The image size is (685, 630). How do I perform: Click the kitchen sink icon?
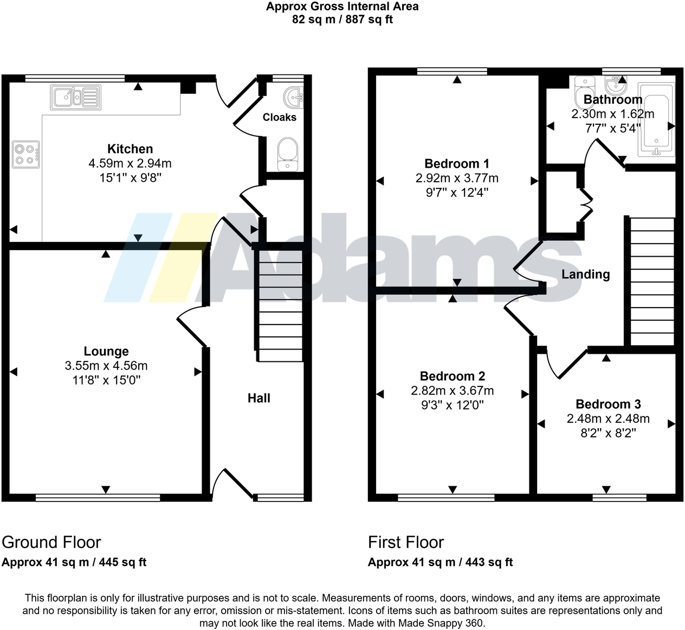coord(76,98)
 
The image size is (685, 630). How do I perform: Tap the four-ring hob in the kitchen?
coord(26,154)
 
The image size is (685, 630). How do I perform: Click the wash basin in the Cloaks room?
coord(293,98)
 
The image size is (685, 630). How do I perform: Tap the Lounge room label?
coord(106,351)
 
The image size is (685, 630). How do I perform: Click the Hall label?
coord(259,398)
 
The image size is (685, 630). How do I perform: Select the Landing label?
coord(585,275)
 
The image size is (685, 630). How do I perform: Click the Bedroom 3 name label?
coord(608,404)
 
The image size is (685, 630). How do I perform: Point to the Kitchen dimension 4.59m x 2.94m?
coord(130,163)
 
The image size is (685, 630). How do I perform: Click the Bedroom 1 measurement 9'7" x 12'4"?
coord(457,192)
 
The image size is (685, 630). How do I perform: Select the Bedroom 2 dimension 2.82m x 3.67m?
coord(452,391)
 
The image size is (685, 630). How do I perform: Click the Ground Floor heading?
coord(51,542)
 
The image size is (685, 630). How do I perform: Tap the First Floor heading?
coord(406,542)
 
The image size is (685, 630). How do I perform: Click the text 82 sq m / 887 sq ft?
coord(342,20)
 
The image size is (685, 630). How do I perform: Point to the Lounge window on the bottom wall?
coord(98,497)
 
